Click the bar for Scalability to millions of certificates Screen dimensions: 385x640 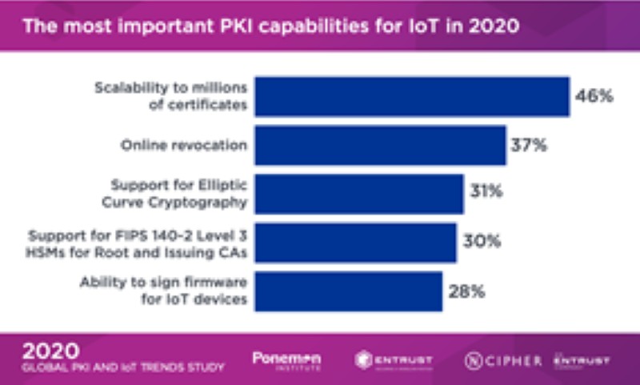click(412, 96)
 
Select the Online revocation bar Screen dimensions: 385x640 click(380, 145)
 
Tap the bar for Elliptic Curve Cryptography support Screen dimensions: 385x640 click(359, 194)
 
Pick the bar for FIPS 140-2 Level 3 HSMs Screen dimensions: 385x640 click(355, 243)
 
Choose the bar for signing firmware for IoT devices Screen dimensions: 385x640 click(348, 291)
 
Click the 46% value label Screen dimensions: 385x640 click(594, 97)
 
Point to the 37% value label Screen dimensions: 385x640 click(529, 146)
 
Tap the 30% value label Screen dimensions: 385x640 click(479, 242)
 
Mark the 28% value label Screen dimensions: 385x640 click(465, 291)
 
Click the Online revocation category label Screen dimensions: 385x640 click(183, 145)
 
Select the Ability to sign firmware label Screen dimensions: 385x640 click(165, 291)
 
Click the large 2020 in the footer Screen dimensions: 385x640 click(50, 351)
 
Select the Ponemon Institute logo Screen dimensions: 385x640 click(286, 360)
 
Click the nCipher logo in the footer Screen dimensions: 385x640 click(503, 360)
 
